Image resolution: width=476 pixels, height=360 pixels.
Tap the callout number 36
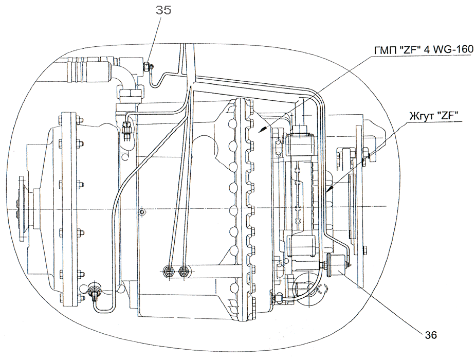click(431, 334)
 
